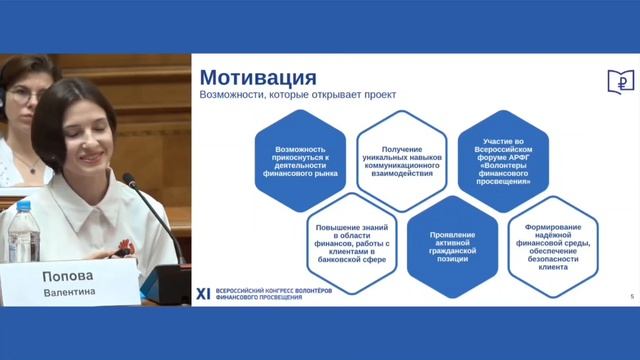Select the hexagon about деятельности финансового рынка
300,160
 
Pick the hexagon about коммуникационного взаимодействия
400,160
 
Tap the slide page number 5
631,297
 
